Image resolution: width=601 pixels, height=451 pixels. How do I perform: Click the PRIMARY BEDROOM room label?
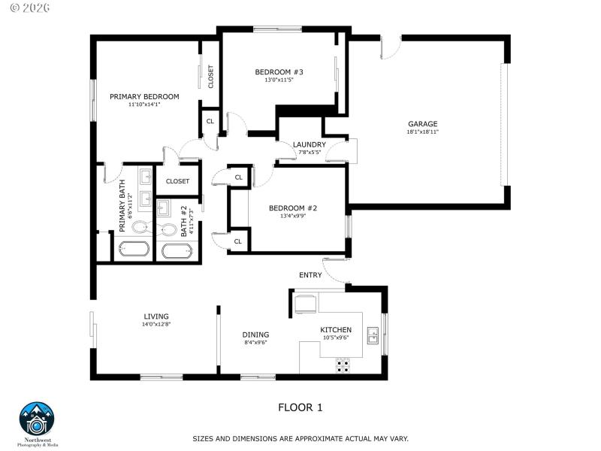click(144, 96)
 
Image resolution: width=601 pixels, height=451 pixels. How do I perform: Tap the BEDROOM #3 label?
click(279, 72)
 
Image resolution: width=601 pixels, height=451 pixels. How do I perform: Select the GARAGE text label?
click(422, 124)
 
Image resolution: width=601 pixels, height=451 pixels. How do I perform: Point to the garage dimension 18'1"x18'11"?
click(422, 132)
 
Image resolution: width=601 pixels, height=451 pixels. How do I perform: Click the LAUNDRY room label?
click(310, 144)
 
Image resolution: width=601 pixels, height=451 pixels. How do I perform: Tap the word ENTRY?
click(310, 275)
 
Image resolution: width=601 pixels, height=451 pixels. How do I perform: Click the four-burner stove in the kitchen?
click(343, 366)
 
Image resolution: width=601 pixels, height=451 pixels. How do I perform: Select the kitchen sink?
click(372, 335)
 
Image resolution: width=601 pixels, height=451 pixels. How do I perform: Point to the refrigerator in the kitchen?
click(305, 302)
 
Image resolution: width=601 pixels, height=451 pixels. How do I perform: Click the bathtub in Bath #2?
click(177, 251)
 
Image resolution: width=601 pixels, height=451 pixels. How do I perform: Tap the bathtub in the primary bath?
click(134, 250)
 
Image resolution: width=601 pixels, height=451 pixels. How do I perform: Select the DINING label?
click(255, 334)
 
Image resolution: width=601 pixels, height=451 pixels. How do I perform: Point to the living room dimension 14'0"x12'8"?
click(156, 325)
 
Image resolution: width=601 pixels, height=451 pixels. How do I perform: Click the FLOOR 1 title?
click(300, 407)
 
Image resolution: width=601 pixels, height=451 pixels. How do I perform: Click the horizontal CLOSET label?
click(178, 181)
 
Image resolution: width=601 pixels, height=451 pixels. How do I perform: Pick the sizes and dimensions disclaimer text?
click(300, 437)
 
